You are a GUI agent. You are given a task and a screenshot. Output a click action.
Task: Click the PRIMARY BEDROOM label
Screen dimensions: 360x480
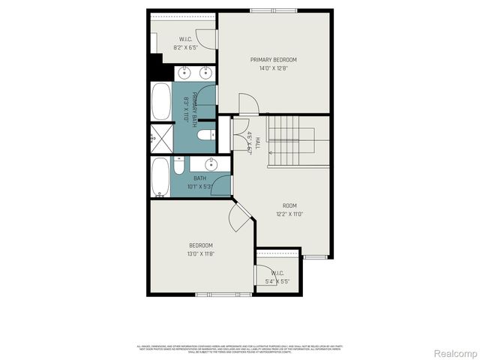coord(273,60)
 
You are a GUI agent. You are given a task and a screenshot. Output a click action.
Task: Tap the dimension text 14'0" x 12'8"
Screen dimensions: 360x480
coord(273,68)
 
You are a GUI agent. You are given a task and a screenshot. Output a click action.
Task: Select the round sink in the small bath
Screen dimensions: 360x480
coord(211,163)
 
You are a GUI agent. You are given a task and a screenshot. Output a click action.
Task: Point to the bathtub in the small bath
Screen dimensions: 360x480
coord(160,177)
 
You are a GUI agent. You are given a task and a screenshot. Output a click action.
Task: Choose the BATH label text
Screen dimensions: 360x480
coord(200,178)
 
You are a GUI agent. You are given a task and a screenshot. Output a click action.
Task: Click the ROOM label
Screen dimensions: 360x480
coord(289,205)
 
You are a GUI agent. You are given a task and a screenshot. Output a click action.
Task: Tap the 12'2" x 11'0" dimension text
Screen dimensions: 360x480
coord(289,214)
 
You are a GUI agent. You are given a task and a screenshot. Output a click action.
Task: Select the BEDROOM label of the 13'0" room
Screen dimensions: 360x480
coord(200,246)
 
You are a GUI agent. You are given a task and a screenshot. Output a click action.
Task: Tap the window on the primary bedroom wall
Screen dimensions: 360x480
coord(273,10)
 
